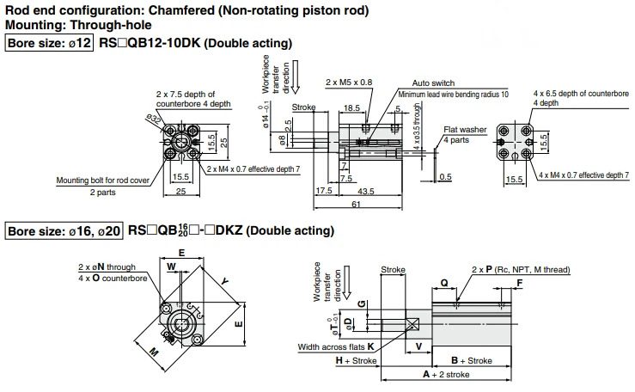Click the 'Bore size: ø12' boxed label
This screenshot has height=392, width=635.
[x=49, y=43]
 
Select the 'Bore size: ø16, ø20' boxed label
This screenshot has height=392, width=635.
[x=64, y=231]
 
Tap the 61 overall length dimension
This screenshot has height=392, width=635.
[x=356, y=204]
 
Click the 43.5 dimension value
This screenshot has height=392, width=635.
[x=366, y=191]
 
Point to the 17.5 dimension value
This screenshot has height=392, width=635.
[x=324, y=190]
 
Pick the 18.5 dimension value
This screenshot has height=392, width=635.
[x=351, y=107]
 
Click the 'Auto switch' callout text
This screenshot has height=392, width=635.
[x=433, y=83]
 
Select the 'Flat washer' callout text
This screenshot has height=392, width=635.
[x=465, y=130]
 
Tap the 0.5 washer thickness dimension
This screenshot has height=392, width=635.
[x=445, y=177]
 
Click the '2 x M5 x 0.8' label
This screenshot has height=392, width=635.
[x=349, y=83]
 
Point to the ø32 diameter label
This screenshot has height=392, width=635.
[x=154, y=119]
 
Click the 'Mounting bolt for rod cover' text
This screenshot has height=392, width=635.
[x=103, y=181]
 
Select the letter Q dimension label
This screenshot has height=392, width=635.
[x=444, y=283]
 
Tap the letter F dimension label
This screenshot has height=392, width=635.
[x=520, y=283]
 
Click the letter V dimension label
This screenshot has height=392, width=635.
[x=419, y=346]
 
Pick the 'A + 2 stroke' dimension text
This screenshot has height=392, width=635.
[x=446, y=374]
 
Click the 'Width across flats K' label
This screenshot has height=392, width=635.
[x=336, y=347]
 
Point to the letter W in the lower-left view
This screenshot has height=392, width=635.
[x=172, y=266]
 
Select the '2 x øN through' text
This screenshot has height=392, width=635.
[x=107, y=266]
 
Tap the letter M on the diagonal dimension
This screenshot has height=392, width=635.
[x=154, y=352]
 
